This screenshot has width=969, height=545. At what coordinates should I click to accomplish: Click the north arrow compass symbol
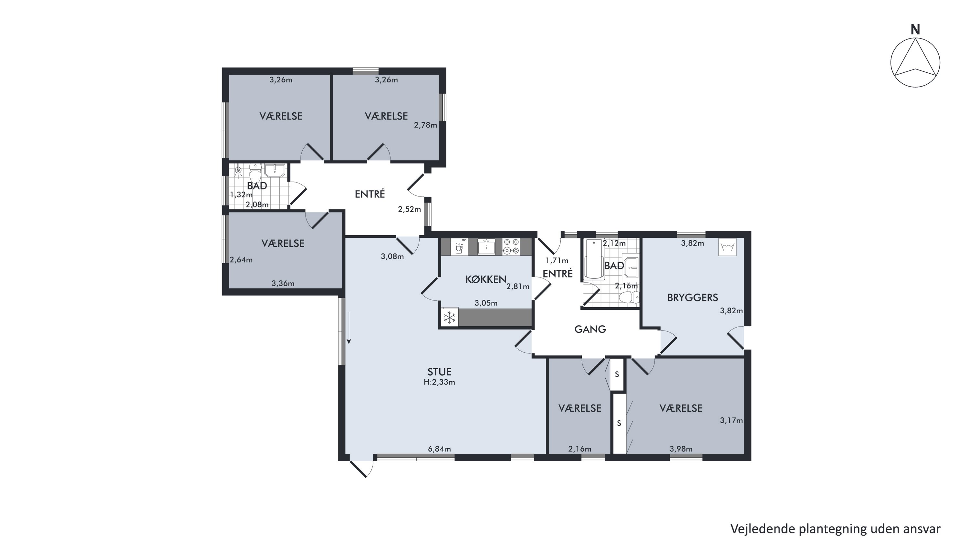(x=915, y=62)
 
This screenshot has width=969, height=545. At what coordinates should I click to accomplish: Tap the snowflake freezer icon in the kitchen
(x=450, y=318)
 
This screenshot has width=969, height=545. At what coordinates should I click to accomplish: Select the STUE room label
(x=439, y=372)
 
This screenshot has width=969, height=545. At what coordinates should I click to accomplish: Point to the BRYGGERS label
(x=693, y=298)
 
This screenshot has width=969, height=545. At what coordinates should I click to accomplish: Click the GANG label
(x=590, y=330)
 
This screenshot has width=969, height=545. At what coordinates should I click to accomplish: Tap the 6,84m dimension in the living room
(x=439, y=449)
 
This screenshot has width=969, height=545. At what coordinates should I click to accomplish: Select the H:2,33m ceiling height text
(x=439, y=383)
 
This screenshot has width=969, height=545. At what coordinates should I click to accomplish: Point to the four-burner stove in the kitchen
(x=511, y=247)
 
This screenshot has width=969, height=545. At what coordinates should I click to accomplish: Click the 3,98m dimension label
(x=681, y=449)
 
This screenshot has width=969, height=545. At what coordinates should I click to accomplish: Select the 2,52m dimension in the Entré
(x=409, y=209)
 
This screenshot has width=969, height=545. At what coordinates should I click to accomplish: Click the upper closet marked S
(x=617, y=375)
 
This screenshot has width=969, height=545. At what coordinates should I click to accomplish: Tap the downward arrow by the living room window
(x=349, y=328)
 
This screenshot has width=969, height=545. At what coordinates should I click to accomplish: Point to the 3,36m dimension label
(x=283, y=284)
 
